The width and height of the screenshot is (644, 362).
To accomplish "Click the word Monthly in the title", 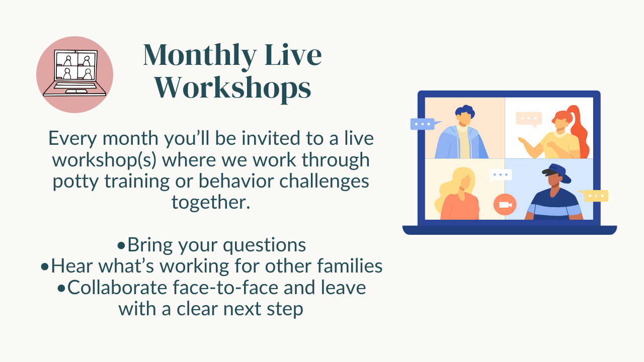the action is pos(200,56).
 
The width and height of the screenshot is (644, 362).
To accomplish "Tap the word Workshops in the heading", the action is pos(233,88).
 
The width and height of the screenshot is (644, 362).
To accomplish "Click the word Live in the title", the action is pos(293,55).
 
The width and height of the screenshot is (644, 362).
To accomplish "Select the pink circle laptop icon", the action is pos(75,74).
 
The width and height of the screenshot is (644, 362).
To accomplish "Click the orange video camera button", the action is pos(505,205).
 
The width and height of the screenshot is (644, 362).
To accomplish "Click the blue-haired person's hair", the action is pos(465,111).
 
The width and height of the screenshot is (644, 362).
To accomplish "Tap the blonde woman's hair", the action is pos(454,187).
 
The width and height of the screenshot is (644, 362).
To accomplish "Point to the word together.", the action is pos(211,203).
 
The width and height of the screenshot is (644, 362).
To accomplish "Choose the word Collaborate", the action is pos(117,288).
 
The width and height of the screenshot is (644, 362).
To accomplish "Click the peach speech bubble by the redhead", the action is pos(529,119).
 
